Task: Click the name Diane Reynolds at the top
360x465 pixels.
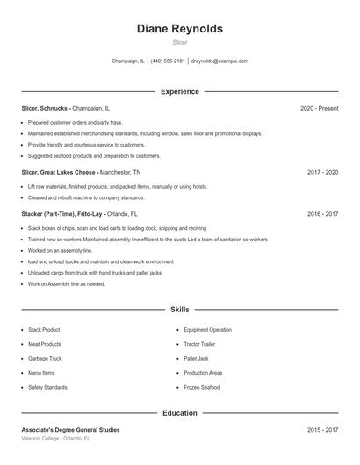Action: [180, 29]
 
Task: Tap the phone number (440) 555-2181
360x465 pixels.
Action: [168, 61]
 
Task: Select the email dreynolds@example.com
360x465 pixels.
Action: [220, 61]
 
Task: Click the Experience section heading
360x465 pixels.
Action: [180, 91]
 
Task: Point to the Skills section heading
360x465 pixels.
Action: [180, 310]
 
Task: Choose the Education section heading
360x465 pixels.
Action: [180, 412]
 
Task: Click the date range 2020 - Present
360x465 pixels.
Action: [319, 108]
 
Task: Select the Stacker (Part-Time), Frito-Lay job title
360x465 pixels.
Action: [62, 213]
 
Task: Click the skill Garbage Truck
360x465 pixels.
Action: [45, 359]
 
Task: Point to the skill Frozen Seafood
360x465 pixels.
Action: [202, 387]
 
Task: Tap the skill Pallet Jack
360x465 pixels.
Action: [197, 359]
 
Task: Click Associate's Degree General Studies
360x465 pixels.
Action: [70, 429]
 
